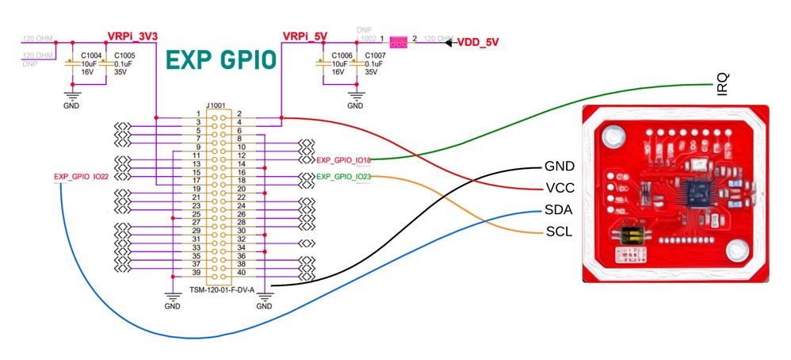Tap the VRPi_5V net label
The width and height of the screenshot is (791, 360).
pos(304,36)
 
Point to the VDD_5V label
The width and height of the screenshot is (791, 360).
pos(480,42)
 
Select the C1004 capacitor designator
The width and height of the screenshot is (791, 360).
pos(91,56)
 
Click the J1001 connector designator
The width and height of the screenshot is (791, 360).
pos(216,103)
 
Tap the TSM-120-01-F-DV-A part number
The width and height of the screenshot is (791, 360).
pos(222,289)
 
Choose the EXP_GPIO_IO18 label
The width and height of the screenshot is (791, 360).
pos(343,161)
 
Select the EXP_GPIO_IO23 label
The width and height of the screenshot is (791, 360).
pos(343,177)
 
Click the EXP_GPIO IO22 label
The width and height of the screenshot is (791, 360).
pos(81,177)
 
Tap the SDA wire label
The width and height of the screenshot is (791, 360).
pos(559,212)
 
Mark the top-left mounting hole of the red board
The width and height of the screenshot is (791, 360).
pos(610,137)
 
